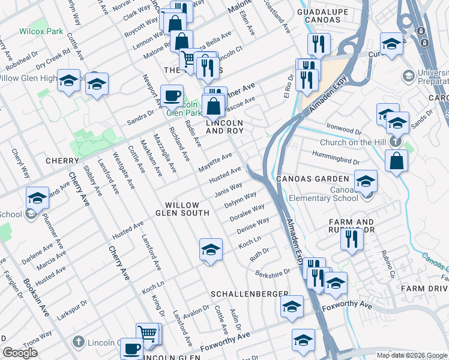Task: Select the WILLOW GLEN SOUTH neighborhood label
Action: click(x=182, y=209)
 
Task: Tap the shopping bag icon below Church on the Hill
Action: click(x=396, y=160)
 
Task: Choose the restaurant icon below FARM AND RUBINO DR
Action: click(x=352, y=238)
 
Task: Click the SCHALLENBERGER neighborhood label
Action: click(x=250, y=294)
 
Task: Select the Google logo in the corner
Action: click(x=20, y=353)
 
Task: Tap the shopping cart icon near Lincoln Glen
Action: click(x=148, y=333)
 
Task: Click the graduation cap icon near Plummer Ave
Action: click(x=37, y=197)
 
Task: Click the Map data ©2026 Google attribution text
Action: click(x=412, y=355)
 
